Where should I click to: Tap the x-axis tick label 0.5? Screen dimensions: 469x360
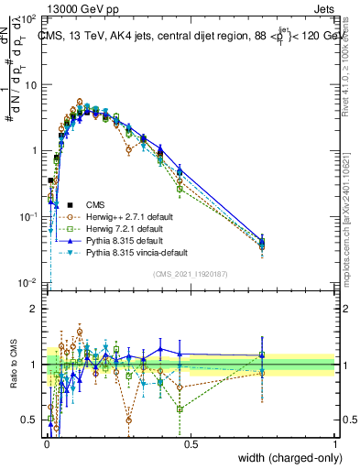coord(191,443)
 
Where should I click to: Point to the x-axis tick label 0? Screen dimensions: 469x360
coord(46,443)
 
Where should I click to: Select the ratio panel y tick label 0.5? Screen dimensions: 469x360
coord(30,420)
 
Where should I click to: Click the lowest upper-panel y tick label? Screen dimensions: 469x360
coord(28,283)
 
